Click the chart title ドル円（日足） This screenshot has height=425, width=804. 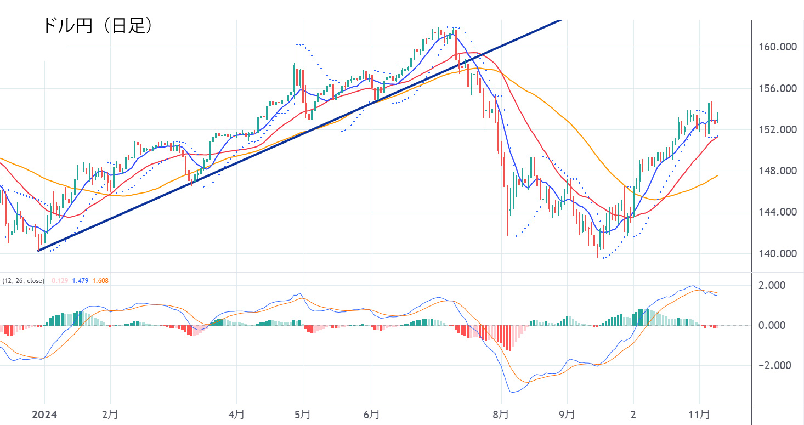click(97, 25)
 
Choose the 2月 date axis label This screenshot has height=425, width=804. click(110, 415)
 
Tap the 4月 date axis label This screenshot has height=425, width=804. click(236, 415)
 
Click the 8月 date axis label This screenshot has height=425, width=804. click(501, 415)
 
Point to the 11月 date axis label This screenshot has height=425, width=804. click(699, 415)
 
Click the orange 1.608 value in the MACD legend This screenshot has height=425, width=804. click(100, 281)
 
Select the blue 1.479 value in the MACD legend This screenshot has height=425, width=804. click(81, 281)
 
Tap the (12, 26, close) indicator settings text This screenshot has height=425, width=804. click(23, 281)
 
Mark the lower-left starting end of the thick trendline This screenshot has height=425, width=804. click(38, 251)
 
